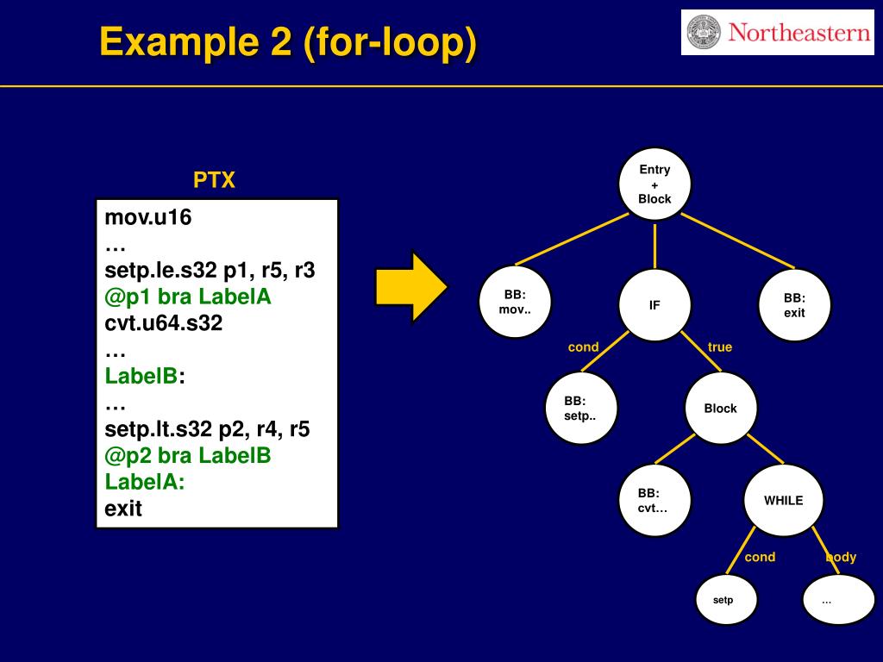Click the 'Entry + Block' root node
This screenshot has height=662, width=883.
tap(654, 184)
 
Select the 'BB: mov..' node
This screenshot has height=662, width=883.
tap(515, 302)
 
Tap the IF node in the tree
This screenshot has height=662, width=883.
tap(654, 305)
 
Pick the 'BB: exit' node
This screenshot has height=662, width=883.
tap(794, 305)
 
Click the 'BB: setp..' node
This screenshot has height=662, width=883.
tap(581, 408)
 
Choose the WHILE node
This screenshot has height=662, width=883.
tap(783, 501)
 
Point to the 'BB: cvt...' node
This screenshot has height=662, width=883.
tap(654, 501)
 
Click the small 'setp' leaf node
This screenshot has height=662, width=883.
tap(726, 600)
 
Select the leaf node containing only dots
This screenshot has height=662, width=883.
tap(838, 600)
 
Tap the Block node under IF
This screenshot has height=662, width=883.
tap(721, 408)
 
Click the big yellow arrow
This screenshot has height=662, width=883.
tap(411, 287)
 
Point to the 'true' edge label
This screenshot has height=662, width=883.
tap(720, 347)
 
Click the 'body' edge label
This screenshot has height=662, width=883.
tap(841, 557)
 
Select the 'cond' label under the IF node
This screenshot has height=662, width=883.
tap(584, 347)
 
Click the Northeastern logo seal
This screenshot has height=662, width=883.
tap(704, 32)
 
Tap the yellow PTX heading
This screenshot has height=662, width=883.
tap(214, 180)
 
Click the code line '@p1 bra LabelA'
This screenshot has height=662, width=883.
tap(187, 297)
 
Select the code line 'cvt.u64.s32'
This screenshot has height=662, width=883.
tap(163, 323)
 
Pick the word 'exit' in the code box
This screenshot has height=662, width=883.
tap(123, 509)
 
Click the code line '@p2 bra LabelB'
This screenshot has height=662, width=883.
tap(187, 455)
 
